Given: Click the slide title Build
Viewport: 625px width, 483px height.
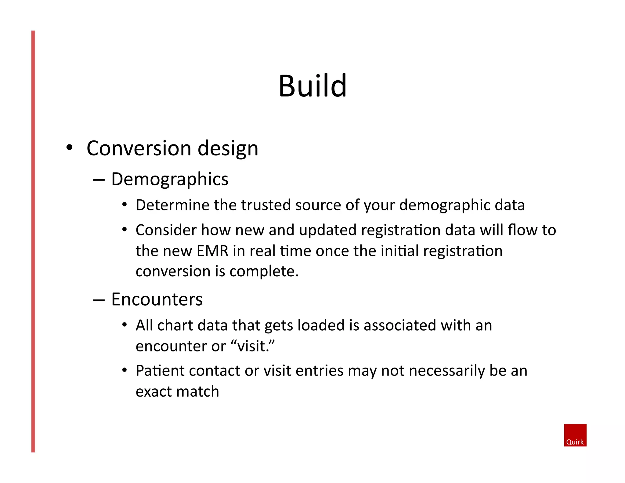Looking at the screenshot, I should pos(312,86).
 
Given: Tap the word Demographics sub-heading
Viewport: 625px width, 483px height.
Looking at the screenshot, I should pos(170,179).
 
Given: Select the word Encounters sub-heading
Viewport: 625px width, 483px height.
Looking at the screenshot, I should pos(157,299).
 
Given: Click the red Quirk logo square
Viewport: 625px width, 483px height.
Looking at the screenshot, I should pos(575,435).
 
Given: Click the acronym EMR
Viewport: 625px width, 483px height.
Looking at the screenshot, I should pos(213,251).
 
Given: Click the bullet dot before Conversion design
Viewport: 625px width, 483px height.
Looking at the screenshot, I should pos(70,147).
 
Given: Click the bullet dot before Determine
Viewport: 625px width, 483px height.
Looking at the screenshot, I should pos(124,205).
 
